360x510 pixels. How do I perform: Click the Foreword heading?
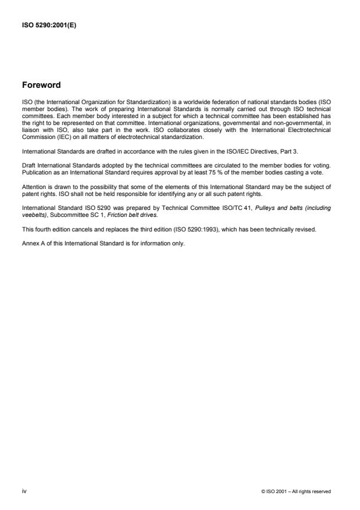41,85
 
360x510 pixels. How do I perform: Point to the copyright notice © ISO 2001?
296,491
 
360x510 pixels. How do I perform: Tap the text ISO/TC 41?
232,211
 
